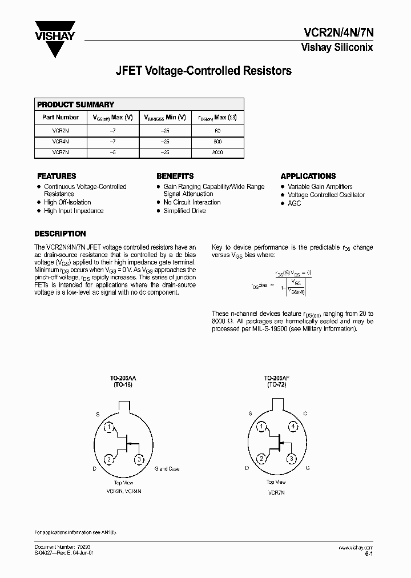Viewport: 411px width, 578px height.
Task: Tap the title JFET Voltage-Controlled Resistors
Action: [x=204, y=71]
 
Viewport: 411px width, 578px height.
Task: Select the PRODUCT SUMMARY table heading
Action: [x=75, y=105]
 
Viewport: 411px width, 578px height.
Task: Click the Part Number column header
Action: [x=61, y=117]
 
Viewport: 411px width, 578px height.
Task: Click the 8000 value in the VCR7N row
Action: [x=217, y=152]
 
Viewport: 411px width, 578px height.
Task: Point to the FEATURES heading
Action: [x=57, y=176]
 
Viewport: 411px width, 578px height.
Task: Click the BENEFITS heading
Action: [x=175, y=176]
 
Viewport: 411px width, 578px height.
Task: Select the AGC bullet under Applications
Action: [x=294, y=203]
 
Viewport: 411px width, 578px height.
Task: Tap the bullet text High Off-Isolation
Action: [x=67, y=202]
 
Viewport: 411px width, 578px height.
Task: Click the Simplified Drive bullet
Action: [x=184, y=211]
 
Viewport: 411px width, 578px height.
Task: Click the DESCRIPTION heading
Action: [x=60, y=234]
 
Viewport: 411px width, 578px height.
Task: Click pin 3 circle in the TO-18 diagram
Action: [x=139, y=459]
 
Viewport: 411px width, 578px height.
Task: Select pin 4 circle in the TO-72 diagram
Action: [x=292, y=427]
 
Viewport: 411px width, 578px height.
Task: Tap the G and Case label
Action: [x=167, y=468]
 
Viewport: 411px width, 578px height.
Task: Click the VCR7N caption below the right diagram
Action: [x=276, y=492]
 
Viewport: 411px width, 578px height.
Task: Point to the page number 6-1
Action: [x=368, y=553]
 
